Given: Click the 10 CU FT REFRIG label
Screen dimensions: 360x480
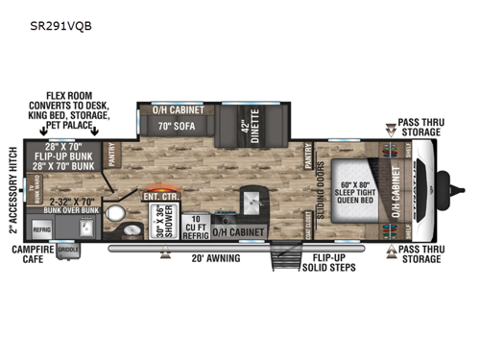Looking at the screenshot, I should pos(194,225).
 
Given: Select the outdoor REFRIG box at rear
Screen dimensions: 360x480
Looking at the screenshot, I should pos(41,230).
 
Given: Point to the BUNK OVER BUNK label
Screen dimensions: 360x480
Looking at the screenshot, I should pos(72,207).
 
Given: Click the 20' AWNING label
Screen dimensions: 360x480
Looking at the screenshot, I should pos(206,257).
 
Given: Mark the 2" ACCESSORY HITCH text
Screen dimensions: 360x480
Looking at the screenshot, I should pos(12,191).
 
